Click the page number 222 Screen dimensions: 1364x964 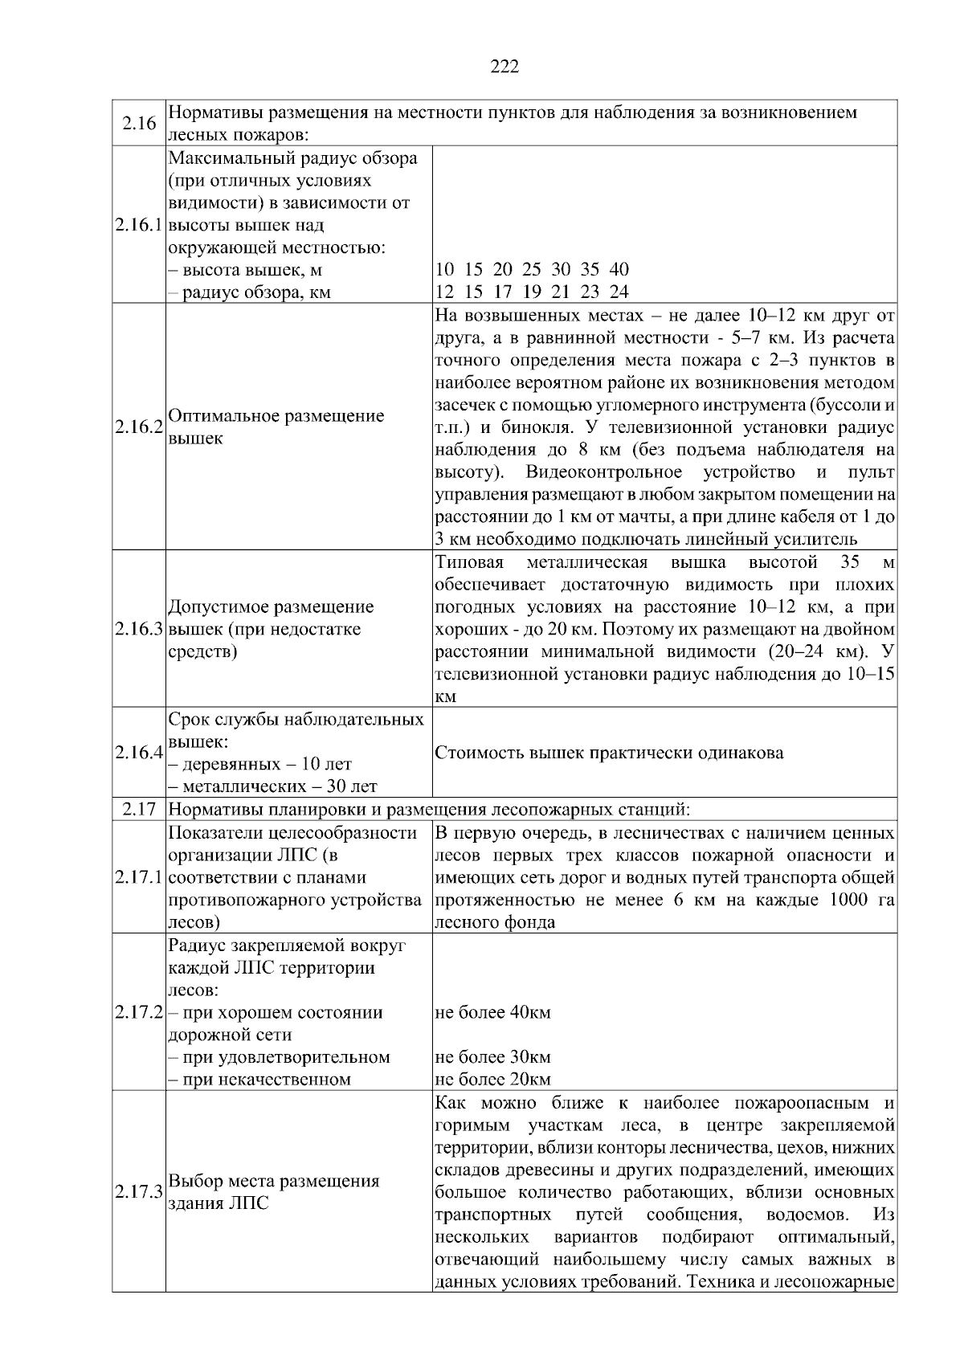504,67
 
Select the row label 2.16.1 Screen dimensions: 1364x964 139,225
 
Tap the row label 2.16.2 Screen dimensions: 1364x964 139,427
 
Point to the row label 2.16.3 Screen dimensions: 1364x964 139,629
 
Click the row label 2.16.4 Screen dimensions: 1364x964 139,753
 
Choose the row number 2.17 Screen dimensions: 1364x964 139,809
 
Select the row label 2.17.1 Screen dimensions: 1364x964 139,877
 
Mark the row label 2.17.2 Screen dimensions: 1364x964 139,1012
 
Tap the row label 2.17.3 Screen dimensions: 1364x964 139,1192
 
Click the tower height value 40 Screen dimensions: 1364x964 619,269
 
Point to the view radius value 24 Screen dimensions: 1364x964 619,292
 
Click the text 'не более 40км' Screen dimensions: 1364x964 492,1012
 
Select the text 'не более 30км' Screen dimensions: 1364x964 492,1057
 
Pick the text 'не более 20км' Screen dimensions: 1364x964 492,1080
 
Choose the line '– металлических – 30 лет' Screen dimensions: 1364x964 272,786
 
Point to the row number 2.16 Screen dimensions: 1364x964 139,123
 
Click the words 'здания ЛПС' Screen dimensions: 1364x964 219,1203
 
